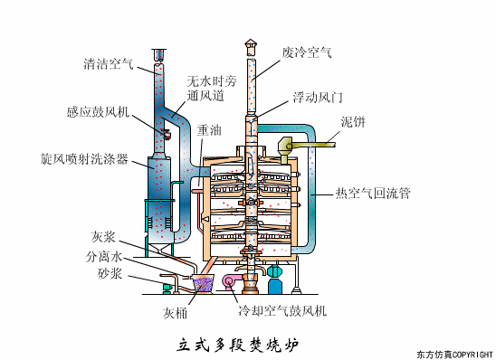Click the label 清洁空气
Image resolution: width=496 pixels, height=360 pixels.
[108, 64]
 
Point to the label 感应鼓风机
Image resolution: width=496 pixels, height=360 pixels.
[99, 112]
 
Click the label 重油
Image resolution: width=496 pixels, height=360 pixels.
[209, 129]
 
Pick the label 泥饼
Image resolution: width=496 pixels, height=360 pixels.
[353, 121]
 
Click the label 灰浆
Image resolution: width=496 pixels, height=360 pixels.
[102, 237]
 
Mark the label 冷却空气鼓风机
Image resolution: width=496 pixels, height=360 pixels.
[282, 311]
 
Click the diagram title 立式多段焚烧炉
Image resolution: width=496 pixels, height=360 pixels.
[237, 344]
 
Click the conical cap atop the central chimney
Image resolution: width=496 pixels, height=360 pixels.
[251, 43]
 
